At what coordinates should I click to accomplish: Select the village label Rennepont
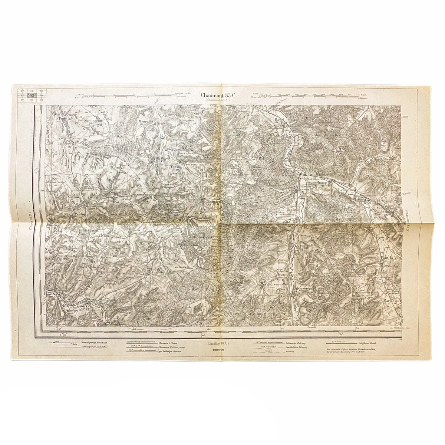(x=347, y=189)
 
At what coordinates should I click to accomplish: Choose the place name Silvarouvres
(x=303, y=287)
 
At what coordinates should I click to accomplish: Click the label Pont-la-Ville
(x=391, y=257)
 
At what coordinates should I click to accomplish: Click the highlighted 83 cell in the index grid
(x=32, y=96)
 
